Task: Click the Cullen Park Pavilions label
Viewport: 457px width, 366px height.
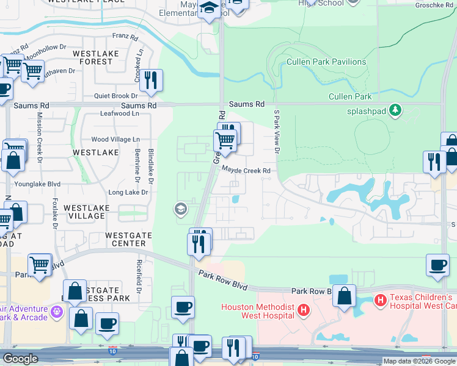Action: pyautogui.click(x=327, y=62)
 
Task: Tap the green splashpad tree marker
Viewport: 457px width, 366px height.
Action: pyautogui.click(x=397, y=109)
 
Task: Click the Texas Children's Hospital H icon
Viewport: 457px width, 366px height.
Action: pyautogui.click(x=380, y=300)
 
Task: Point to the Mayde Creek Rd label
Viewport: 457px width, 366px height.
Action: pyautogui.click(x=246, y=171)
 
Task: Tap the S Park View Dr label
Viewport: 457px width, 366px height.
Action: pyautogui.click(x=276, y=132)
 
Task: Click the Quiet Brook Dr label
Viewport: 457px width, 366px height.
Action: pyautogui.click(x=116, y=96)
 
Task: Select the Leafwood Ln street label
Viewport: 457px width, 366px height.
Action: pyautogui.click(x=119, y=113)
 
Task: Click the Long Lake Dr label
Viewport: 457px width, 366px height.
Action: pyautogui.click(x=128, y=192)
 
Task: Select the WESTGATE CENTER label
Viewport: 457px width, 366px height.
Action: pyautogui.click(x=125, y=239)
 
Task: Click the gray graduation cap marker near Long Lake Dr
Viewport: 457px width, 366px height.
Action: pyautogui.click(x=180, y=209)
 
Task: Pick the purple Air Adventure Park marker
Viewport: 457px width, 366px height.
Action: pyautogui.click(x=57, y=311)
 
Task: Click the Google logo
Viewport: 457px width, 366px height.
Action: pyautogui.click(x=20, y=359)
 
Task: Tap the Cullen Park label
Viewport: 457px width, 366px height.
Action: pyautogui.click(x=350, y=96)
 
